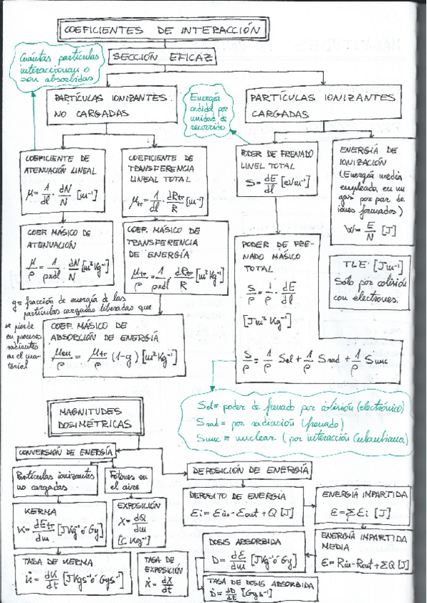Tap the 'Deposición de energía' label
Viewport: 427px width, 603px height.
248,470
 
